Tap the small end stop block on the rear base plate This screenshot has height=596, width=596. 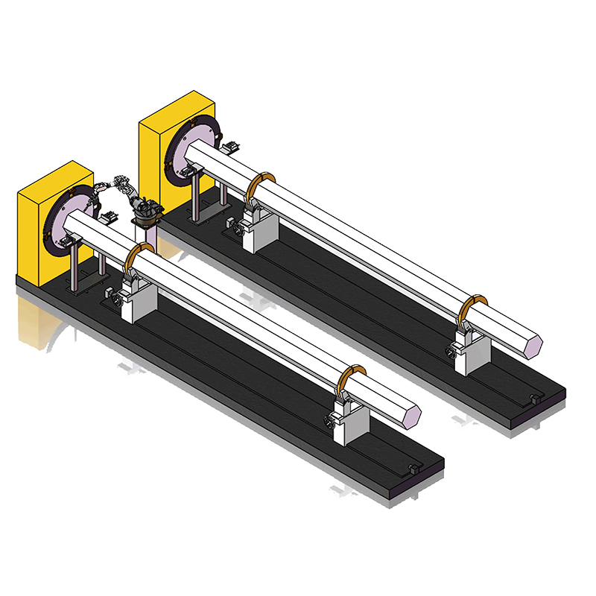(533, 399)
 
